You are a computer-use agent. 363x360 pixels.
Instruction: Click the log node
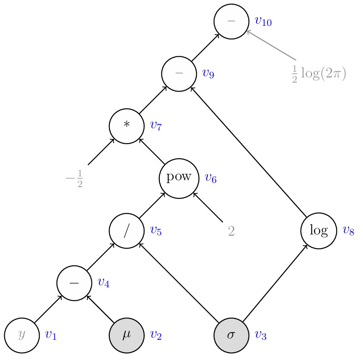pyautogui.click(x=318, y=231)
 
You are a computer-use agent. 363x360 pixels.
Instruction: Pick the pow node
pyautogui.click(x=179, y=178)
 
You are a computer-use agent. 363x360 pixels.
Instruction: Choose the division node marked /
pyautogui.click(x=127, y=231)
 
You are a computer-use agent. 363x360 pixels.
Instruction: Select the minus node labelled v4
pyautogui.click(x=74, y=283)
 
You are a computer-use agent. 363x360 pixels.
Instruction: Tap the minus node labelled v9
pyautogui.click(x=179, y=73)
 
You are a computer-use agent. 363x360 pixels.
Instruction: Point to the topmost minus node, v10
pyautogui.click(x=231, y=21)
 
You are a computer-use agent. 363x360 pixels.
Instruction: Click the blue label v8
pyautogui.click(x=348, y=231)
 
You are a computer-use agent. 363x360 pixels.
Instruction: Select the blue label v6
pyautogui.click(x=211, y=178)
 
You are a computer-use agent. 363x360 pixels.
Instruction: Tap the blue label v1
pyautogui.click(x=51, y=335)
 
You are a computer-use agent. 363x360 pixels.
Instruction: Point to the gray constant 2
pyautogui.click(x=231, y=231)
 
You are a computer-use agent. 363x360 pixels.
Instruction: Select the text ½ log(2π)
pyautogui.click(x=319, y=74)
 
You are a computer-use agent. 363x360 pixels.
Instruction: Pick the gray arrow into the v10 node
pyautogui.click(x=271, y=45)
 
